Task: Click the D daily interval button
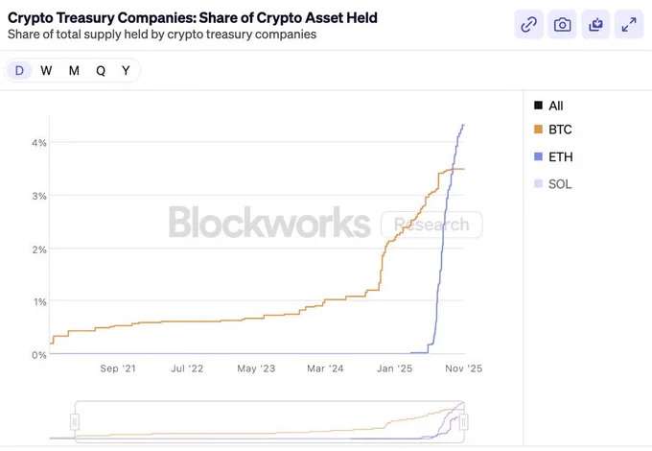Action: pos(19,70)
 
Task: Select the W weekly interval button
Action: pos(46,70)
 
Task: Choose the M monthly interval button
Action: pos(74,70)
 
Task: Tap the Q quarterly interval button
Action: pos(101,70)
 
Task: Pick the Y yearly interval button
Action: pos(126,70)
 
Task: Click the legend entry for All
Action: pos(548,106)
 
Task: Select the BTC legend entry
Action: pos(552,130)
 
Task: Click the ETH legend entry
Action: pos(553,156)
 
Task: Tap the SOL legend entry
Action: pos(552,184)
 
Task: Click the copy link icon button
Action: pos(529,25)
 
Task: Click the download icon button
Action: pos(595,25)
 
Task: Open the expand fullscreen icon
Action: pos(629,25)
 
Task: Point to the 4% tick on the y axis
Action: pos(39,143)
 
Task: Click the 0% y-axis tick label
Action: pos(39,355)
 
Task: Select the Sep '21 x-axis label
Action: pos(118,368)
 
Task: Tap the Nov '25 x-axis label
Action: pos(464,368)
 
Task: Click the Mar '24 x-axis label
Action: pos(325,368)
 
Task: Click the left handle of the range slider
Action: pos(75,422)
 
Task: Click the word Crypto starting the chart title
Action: pos(30,18)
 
